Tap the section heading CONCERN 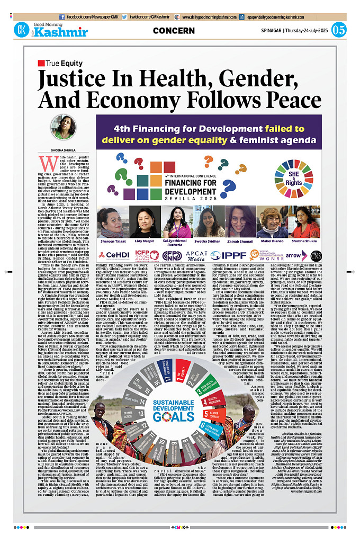(x=174, y=30)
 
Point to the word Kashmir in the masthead (x=61, y=33)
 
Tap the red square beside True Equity (x=41, y=64)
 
